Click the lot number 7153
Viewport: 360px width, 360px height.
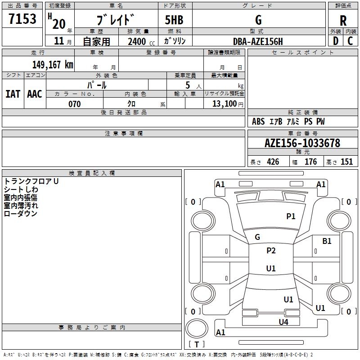tap(22, 18)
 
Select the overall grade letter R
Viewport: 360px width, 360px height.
tap(343, 21)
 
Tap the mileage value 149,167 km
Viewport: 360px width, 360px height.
tap(53, 64)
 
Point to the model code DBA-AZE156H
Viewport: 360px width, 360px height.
tap(258, 41)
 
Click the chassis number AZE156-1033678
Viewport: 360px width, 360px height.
tap(302, 143)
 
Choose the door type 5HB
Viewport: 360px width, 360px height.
tap(174, 20)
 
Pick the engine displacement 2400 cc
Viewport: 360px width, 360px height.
tap(141, 41)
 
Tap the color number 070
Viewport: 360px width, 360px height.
tap(75, 104)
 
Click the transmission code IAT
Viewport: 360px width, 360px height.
tap(13, 94)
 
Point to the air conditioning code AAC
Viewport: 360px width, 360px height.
tap(35, 94)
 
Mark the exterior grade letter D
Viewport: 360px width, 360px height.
tap(336, 41)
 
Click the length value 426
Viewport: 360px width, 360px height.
tap(273, 162)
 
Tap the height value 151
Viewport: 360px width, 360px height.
tap(346, 162)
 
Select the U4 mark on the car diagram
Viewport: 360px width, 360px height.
tap(283, 322)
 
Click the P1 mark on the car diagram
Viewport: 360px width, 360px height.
tap(291, 216)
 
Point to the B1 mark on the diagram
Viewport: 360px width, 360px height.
tap(327, 241)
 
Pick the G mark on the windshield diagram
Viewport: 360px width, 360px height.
tap(257, 237)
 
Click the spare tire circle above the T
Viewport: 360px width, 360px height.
tap(197, 328)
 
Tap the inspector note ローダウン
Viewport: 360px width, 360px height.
tap(21, 213)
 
